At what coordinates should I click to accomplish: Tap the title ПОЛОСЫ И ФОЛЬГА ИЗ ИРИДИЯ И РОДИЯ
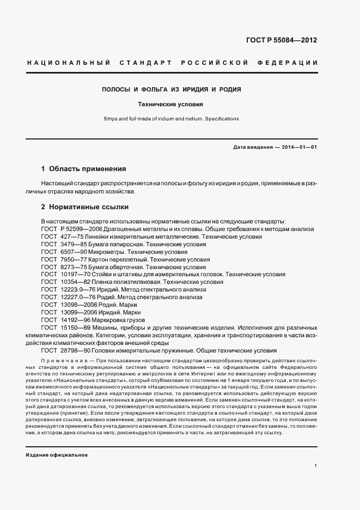click(x=172, y=89)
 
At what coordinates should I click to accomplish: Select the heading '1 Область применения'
click(x=83, y=168)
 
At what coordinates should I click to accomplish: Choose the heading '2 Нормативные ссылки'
click(x=85, y=208)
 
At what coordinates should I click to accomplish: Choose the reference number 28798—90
click(x=78, y=351)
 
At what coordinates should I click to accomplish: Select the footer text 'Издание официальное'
click(x=57, y=454)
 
